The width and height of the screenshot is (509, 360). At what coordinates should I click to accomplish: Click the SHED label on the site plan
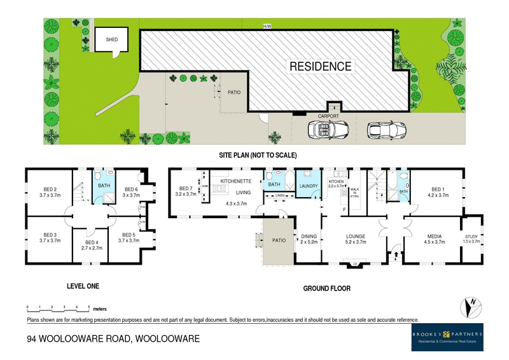pos(111,39)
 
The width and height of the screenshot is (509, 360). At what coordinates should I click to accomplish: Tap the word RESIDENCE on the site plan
pos(320,66)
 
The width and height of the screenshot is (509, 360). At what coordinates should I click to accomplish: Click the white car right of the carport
pos(386,130)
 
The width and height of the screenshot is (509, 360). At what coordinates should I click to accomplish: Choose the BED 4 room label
pos(91,242)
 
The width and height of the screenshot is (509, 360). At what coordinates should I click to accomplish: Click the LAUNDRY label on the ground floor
pos(309,186)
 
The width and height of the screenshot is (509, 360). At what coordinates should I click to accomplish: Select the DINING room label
pos(309,237)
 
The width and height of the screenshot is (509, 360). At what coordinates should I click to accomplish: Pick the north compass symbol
pos(470,307)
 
